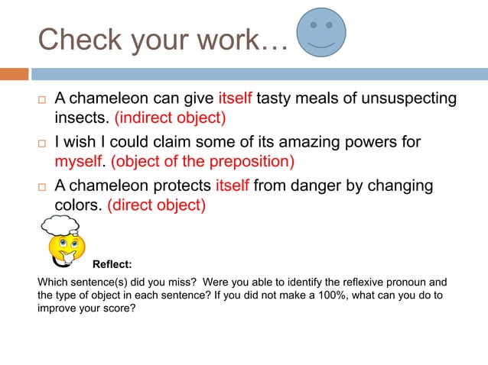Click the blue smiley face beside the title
pos(321,34)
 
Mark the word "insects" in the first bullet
pos(80,118)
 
